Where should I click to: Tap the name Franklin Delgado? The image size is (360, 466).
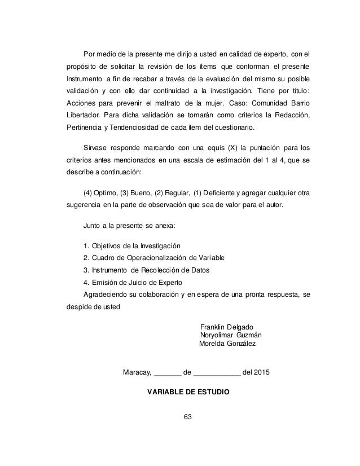227,328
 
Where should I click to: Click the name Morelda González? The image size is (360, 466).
227,344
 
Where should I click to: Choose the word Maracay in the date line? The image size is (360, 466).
136,372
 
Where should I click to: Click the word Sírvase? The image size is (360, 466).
96,149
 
